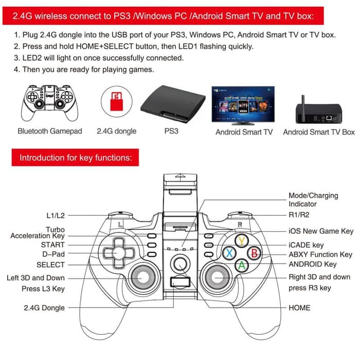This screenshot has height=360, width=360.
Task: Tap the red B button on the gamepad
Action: pyautogui.click(x=254, y=253)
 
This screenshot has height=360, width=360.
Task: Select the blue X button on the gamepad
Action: pyautogui.click(x=229, y=253)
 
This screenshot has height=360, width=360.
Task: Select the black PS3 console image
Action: pyautogui.click(x=171, y=103)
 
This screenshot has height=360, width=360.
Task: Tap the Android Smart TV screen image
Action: pyautogui.click(x=243, y=103)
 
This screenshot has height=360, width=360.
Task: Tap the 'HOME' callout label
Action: pyautogui.click(x=299, y=308)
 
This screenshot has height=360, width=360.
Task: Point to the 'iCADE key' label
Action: pyautogui.click(x=306, y=245)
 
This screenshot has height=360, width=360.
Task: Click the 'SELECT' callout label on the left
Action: pyautogui.click(x=50, y=265)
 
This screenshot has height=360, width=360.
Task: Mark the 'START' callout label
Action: pyautogui.click(x=53, y=245)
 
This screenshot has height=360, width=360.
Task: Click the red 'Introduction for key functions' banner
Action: pyautogui.click(x=75, y=157)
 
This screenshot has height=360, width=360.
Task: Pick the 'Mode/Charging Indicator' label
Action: pyautogui.click(x=313, y=200)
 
